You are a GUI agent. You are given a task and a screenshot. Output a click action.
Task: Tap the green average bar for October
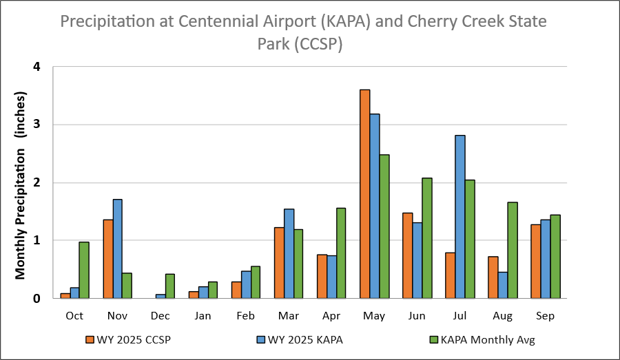pos(84,270)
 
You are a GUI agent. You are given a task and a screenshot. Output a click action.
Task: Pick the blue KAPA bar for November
pos(118,248)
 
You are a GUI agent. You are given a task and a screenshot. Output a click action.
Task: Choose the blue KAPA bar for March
pos(289,253)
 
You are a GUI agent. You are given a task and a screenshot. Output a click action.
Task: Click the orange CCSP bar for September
pos(536,262)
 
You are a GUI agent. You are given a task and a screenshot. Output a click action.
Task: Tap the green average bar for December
pos(170,286)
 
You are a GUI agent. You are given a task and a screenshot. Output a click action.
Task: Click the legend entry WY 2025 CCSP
pos(128,339)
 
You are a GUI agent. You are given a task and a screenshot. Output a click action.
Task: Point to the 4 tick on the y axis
pos(37,67)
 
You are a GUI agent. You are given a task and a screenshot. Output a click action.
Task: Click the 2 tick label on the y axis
pos(37,182)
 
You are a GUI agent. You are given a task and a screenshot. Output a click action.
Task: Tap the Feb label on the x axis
pos(246,316)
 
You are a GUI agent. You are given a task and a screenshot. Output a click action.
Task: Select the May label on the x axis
pos(375,316)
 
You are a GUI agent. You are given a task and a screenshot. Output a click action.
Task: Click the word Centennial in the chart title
pos(221,21)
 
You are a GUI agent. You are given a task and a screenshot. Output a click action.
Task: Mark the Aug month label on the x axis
pos(502,316)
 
